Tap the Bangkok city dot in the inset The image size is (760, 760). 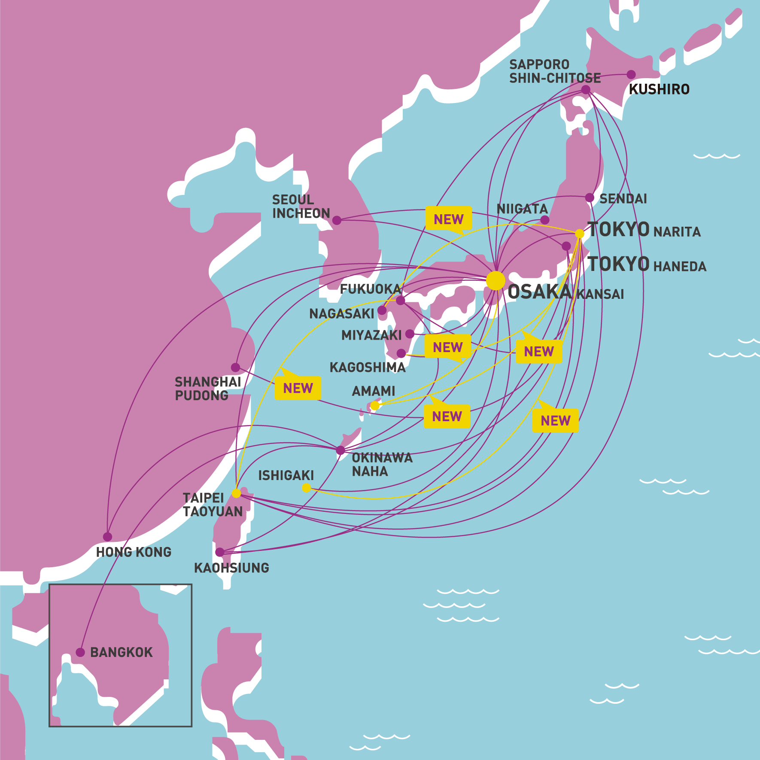tap(80, 652)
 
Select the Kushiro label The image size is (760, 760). tap(659, 89)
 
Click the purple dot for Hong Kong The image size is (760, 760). tap(107, 537)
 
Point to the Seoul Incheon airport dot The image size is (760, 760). tap(337, 220)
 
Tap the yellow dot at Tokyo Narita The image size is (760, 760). tap(579, 234)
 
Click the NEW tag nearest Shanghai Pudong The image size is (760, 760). tap(298, 388)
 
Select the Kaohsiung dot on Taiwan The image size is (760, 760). tap(219, 552)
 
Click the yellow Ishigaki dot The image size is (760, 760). tap(306, 488)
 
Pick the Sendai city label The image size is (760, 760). tap(623, 199)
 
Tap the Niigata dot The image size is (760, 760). tap(544, 220)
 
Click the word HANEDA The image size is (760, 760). tap(680, 267)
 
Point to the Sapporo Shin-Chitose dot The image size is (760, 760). tap(586, 89)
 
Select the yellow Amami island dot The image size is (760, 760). tap(375, 405)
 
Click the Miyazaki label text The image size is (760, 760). tap(371, 335)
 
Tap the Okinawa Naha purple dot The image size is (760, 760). tap(340, 450)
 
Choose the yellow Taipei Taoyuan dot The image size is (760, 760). tap(236, 493)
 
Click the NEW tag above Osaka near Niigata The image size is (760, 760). tap(449, 219)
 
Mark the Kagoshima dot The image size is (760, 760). tap(401, 353)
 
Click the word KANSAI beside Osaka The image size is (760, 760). tap(600, 295)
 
